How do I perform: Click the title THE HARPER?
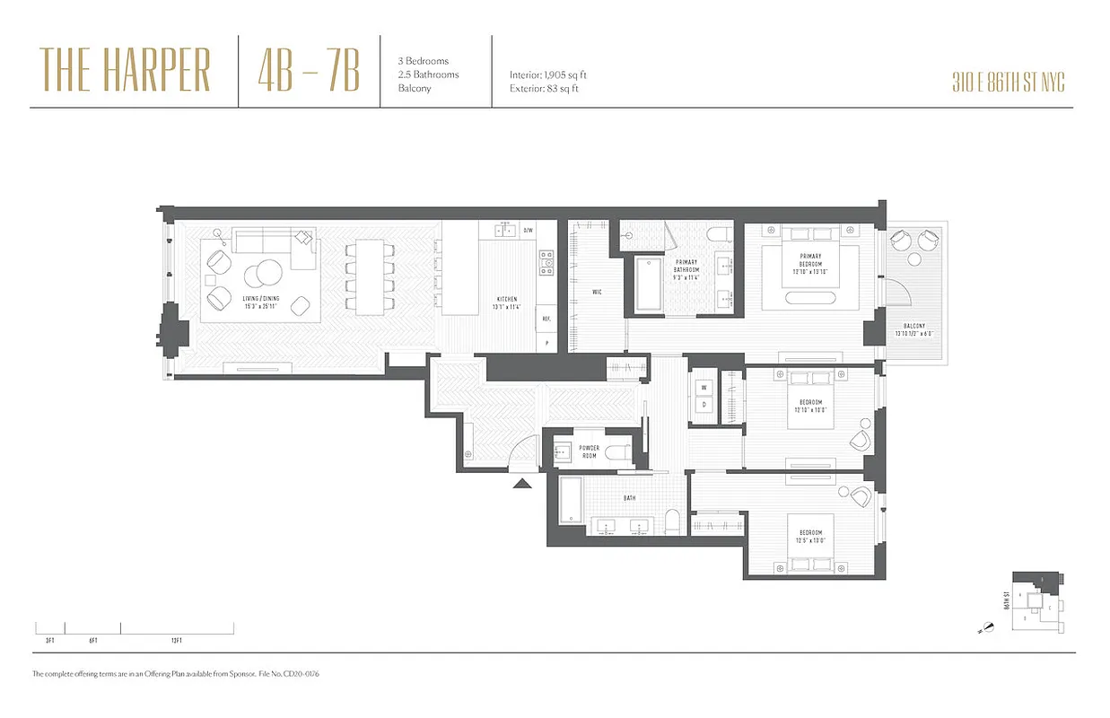[x=125, y=71]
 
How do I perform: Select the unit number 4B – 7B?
[x=308, y=71]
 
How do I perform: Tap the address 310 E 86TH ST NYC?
[x=1009, y=83]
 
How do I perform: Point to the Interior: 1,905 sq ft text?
[x=547, y=75]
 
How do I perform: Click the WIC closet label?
[x=597, y=292]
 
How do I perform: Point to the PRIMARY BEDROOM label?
[x=811, y=260]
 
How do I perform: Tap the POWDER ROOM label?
[x=589, y=451]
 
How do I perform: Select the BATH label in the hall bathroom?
[x=630, y=496]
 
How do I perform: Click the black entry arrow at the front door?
[x=522, y=484]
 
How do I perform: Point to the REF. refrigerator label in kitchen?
[x=545, y=318]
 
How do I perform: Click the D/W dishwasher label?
[x=529, y=231]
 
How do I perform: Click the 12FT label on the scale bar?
[x=176, y=640]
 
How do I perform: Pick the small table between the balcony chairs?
[x=913, y=260]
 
